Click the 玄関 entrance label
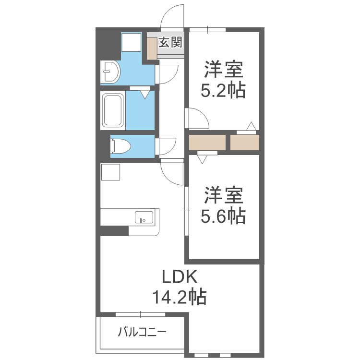tap(170, 42)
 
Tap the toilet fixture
tap(120, 146)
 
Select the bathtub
tap(112, 110)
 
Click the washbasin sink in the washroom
tap(110, 72)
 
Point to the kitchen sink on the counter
tap(144, 217)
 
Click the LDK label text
tap(180, 277)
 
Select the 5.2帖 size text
tap(223, 90)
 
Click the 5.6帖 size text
tap(223, 216)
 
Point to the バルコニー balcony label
tap(142, 332)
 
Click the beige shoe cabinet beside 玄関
tap(152, 48)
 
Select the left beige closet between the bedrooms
tap(207, 143)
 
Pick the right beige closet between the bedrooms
tap(245, 143)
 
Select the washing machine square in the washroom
tap(131, 42)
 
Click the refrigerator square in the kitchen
tap(110, 172)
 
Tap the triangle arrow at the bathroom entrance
tap(145, 95)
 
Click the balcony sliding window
tap(141, 314)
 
